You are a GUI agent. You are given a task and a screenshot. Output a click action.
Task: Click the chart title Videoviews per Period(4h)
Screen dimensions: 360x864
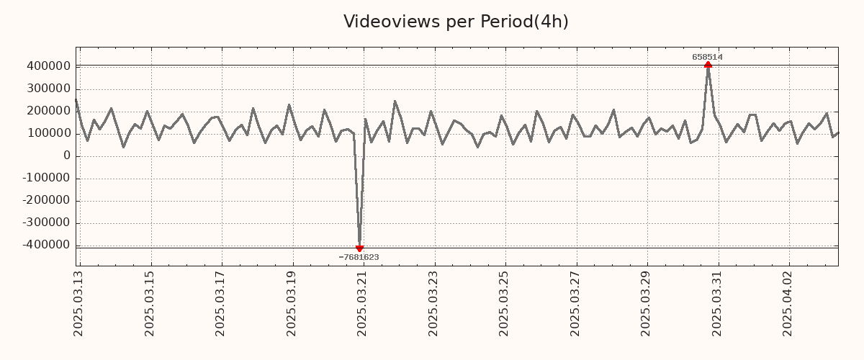coord(456,22)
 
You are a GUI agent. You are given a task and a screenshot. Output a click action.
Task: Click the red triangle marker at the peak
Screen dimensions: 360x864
coord(708,65)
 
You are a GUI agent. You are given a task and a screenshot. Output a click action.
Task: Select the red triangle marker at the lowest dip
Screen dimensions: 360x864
coord(359,248)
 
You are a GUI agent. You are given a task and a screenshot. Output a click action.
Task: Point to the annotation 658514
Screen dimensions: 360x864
coord(707,57)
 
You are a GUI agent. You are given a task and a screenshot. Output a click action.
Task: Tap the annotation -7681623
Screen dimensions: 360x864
coord(359,257)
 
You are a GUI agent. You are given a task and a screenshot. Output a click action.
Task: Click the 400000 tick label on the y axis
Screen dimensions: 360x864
coord(48,66)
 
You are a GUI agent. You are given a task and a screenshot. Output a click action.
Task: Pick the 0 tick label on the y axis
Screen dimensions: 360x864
coord(67,156)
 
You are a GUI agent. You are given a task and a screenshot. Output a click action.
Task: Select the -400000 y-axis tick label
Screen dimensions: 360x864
coord(46,245)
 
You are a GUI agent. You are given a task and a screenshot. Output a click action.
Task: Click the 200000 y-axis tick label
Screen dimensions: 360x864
coord(48,111)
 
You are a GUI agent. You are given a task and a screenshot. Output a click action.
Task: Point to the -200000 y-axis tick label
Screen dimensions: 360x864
coord(46,200)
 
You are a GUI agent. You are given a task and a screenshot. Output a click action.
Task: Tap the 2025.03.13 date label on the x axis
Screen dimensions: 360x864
coord(78,302)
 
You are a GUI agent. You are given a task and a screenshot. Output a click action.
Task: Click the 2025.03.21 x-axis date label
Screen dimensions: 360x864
coord(363,302)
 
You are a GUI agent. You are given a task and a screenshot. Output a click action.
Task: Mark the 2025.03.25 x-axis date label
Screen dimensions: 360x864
coord(505,302)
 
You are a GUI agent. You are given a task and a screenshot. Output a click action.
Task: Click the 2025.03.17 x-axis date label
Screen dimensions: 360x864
coord(221,302)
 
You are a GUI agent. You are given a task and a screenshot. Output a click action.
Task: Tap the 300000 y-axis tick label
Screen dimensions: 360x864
coord(48,89)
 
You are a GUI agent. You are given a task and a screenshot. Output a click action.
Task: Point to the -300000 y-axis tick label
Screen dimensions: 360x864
coord(46,222)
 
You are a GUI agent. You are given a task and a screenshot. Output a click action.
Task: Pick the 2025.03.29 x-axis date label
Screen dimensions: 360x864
coord(647,302)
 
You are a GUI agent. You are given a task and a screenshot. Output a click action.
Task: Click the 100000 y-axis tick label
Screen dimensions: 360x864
coord(48,133)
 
